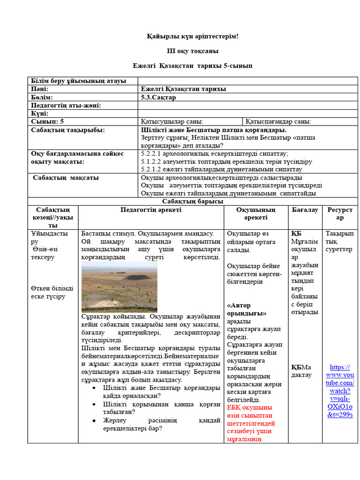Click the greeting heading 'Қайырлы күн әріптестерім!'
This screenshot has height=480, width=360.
point(192,37)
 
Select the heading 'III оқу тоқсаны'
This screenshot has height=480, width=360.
point(192,51)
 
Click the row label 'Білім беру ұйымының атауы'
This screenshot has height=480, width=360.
point(78,81)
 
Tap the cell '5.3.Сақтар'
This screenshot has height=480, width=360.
point(158,97)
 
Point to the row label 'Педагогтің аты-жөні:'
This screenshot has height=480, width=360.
point(66,105)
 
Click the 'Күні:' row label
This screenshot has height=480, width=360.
point(40,113)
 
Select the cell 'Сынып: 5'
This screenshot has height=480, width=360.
point(47,121)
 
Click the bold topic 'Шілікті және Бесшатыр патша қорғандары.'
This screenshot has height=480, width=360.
point(214,130)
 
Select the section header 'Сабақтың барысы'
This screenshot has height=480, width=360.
point(192,202)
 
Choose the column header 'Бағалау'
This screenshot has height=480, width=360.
point(305,210)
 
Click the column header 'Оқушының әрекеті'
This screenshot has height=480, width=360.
point(255,214)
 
